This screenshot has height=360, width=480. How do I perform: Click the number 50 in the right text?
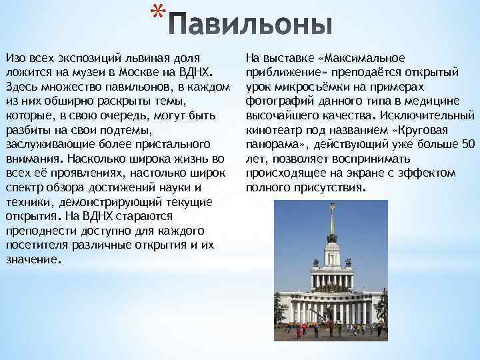pyautogui.click(x=468, y=144)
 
